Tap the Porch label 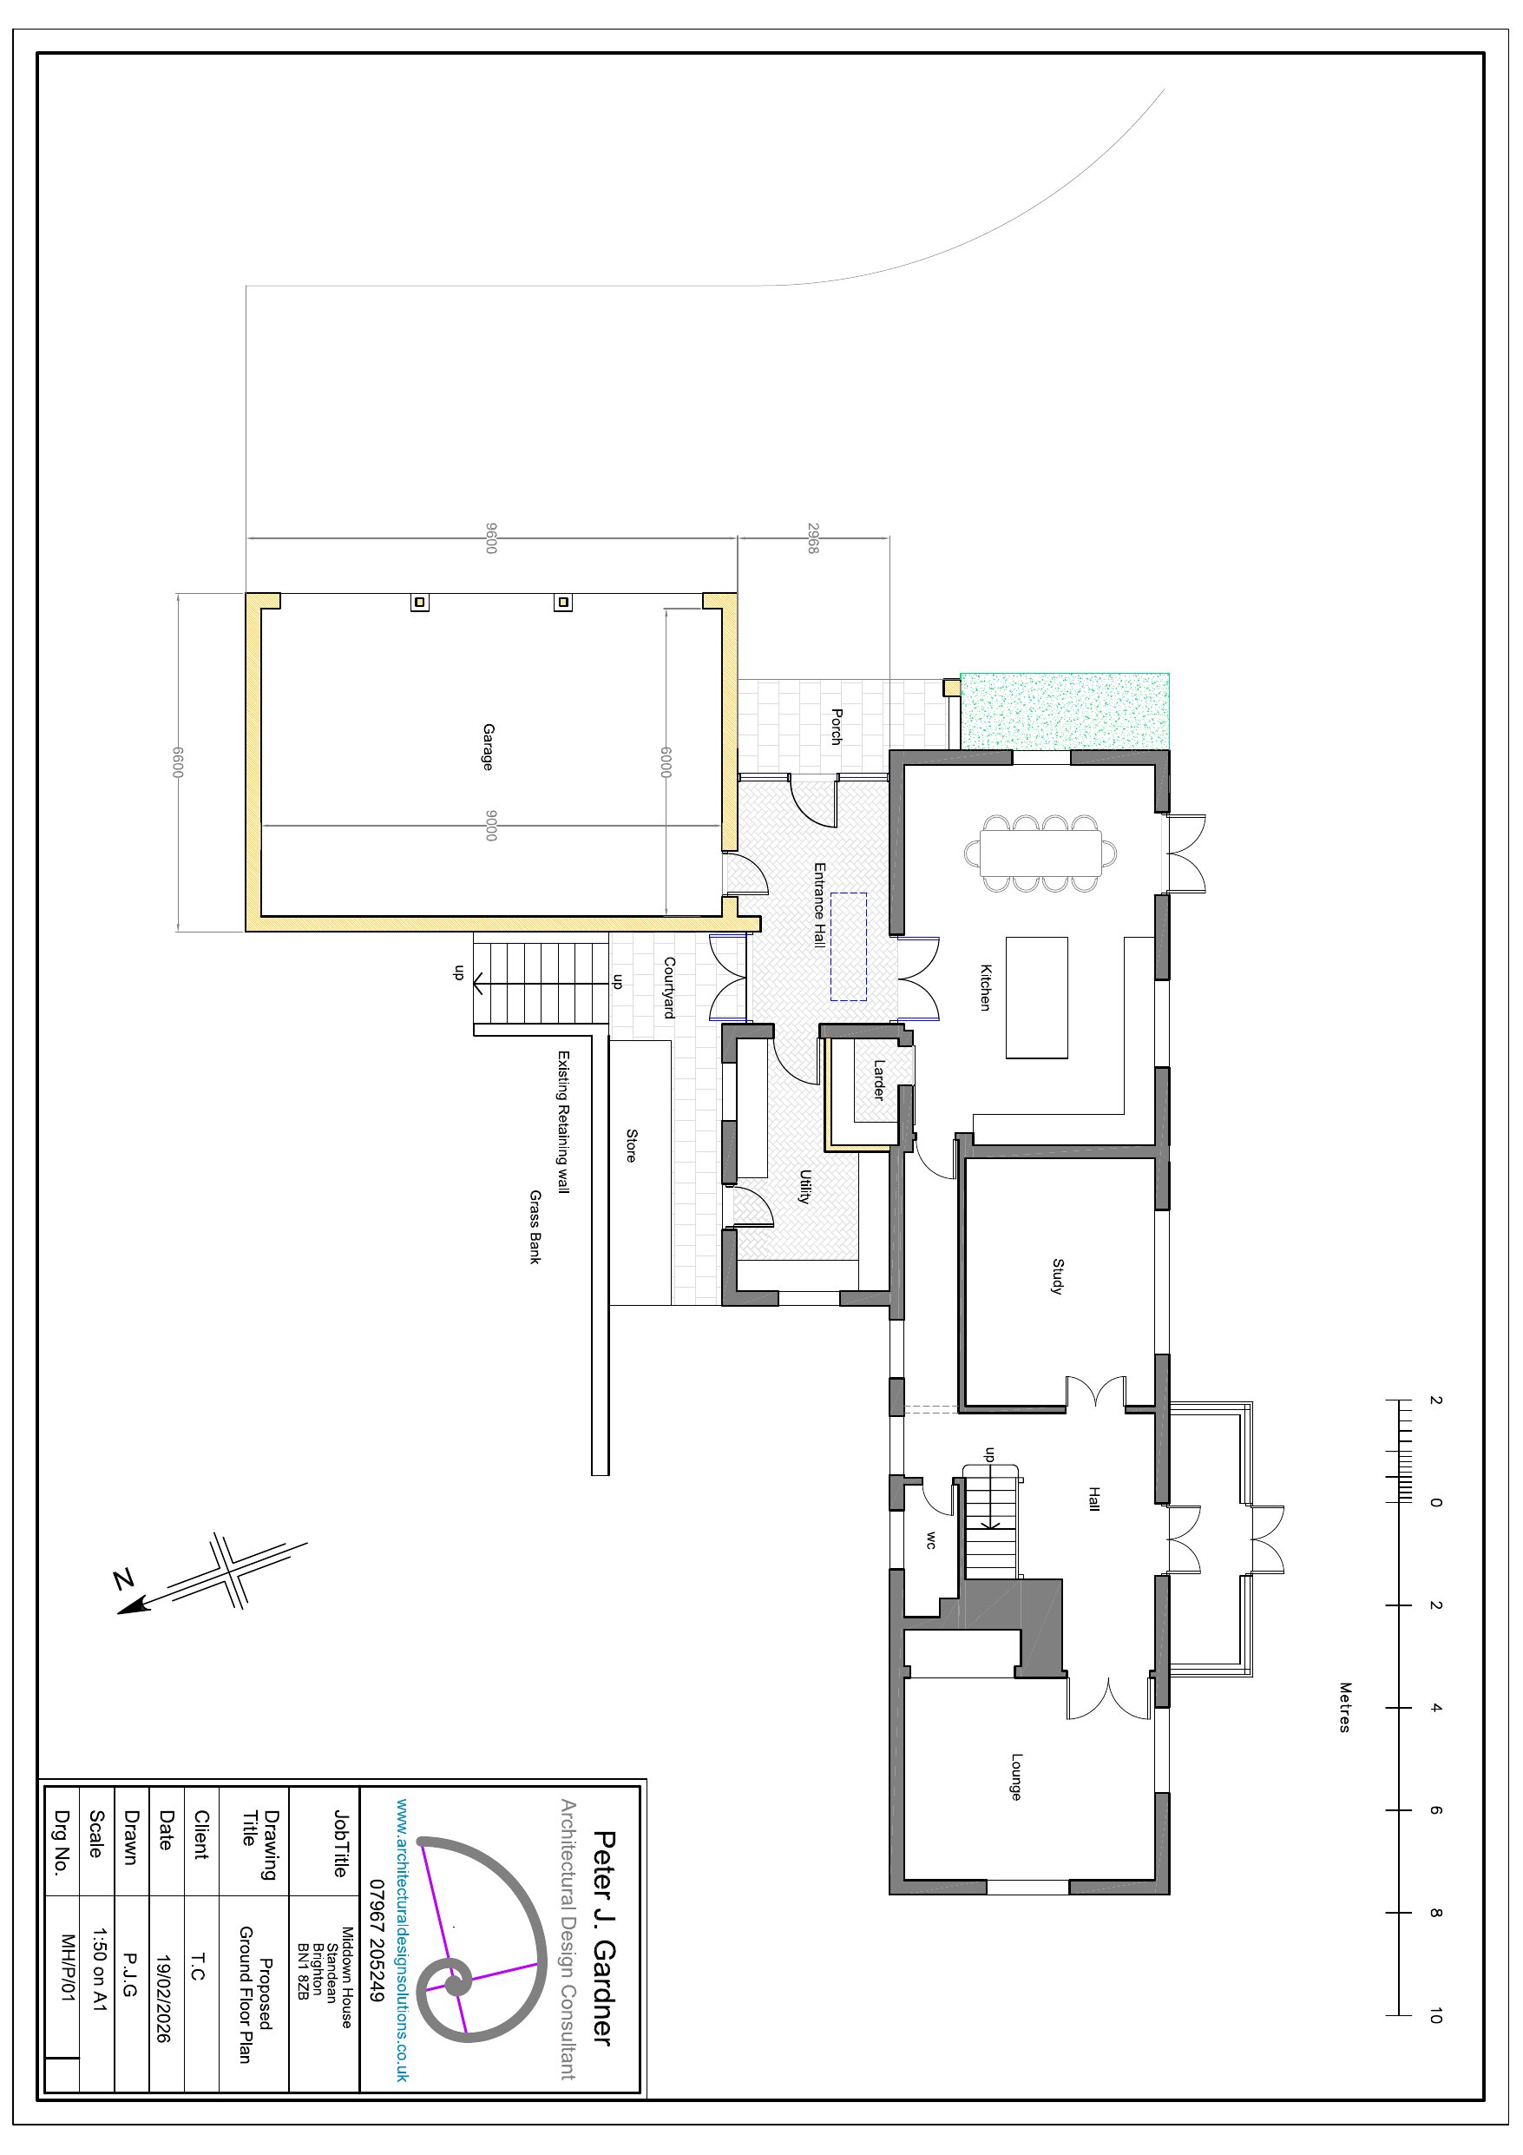pos(836,728)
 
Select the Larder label pos(878,1079)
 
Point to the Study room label pos(1058,1276)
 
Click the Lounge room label pos(1016,1776)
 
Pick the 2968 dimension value pos(812,537)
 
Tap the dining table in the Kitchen pos(1040,853)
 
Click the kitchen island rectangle pos(1037,997)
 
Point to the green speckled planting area pos(1065,710)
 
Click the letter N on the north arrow pos(124,1578)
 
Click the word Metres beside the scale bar pos(1345,1707)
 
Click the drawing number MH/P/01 pos(67,1968)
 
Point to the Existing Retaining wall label pos(563,1122)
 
